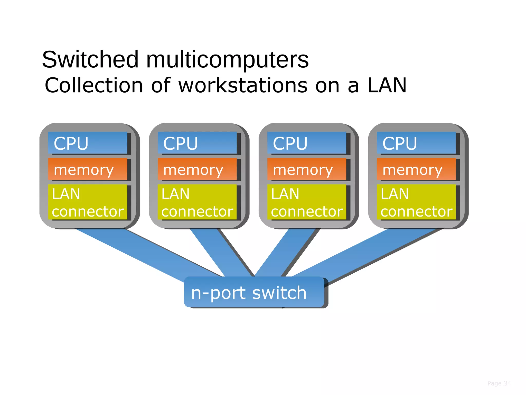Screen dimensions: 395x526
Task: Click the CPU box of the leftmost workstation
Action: pyautogui.click(x=88, y=143)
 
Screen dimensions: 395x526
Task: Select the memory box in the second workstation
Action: pyautogui.click(x=197, y=169)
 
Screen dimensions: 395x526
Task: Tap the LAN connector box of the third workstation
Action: pyautogui.click(x=307, y=202)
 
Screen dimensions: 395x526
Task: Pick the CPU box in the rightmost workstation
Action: pyautogui.click(x=416, y=143)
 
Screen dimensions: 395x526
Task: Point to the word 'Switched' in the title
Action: pyautogui.click(x=90, y=60)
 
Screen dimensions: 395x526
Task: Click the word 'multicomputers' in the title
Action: pyautogui.click(x=227, y=60)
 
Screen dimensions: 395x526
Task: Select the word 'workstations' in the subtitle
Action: pyautogui.click(x=243, y=85)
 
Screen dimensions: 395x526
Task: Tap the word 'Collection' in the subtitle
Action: pyautogui.click(x=94, y=85)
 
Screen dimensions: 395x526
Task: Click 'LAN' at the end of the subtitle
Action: pyautogui.click(x=387, y=85)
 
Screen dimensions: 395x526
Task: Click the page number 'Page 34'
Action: pyautogui.click(x=499, y=383)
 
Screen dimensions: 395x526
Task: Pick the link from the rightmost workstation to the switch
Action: pyautogui.click(x=365, y=255)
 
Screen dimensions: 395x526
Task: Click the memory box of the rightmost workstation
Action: pyautogui.click(x=416, y=169)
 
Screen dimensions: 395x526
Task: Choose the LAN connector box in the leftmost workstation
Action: pyautogui.click(x=88, y=202)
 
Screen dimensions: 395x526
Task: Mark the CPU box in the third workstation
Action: pyautogui.click(x=307, y=143)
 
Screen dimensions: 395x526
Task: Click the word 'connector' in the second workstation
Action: pyautogui.click(x=197, y=211)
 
